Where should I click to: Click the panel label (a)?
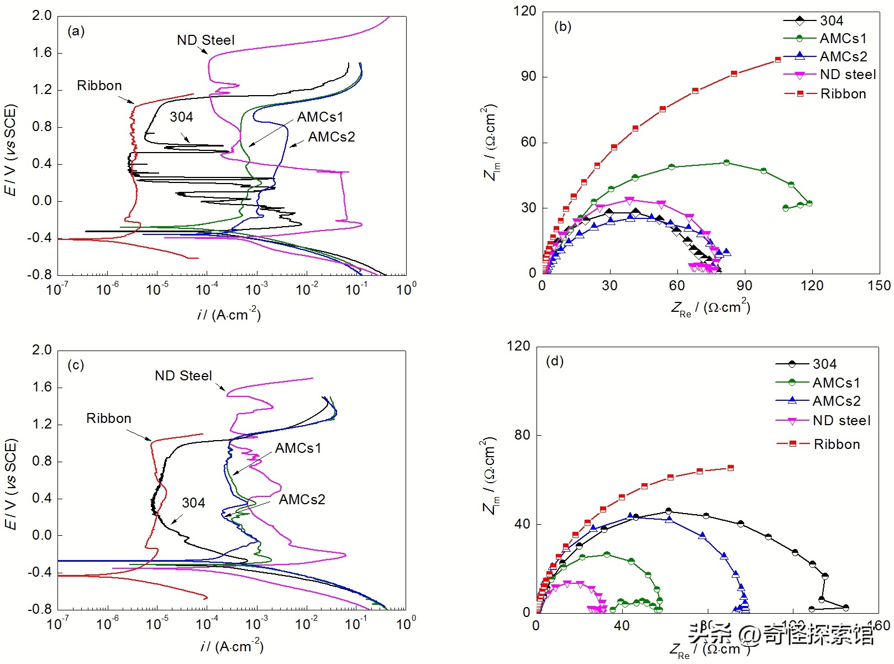tap(76, 31)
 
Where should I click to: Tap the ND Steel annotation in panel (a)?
tap(206, 40)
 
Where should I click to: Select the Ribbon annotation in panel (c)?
tap(109, 419)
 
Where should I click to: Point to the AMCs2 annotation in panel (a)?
tap(332, 137)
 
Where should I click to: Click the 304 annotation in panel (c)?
tap(193, 503)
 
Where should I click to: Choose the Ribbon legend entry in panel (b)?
tap(843, 94)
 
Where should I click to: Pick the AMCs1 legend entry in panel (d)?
tap(836, 383)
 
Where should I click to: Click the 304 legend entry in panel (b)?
tap(831, 21)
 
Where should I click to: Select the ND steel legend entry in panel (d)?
tap(841, 421)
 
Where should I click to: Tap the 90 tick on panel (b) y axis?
tap(529, 76)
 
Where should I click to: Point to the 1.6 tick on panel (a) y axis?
tap(42, 53)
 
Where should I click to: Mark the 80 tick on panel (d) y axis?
tap(522, 435)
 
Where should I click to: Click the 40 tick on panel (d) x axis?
tap(622, 625)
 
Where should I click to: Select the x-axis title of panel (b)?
tap(711, 307)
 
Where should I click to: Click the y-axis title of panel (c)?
tap(11, 484)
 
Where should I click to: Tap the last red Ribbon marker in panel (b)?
tap(778, 60)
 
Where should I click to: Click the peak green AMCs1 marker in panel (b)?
tap(726, 163)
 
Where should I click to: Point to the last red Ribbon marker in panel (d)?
tap(730, 468)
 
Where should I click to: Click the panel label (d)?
tap(555, 362)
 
